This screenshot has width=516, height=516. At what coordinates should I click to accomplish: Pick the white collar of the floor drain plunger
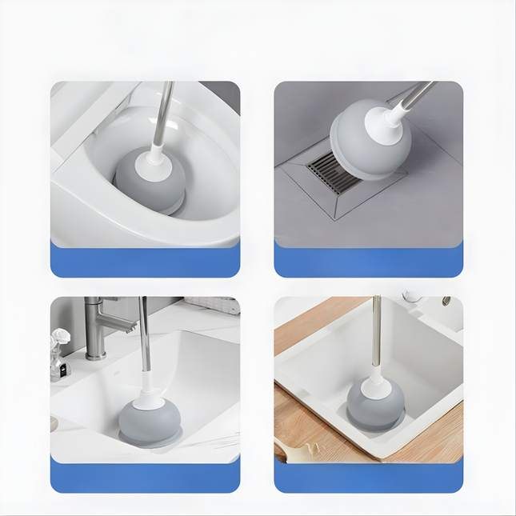[396, 118]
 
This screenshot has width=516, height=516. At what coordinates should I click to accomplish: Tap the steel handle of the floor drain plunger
[420, 94]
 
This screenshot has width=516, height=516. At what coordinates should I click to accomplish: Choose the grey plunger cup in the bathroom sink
[148, 419]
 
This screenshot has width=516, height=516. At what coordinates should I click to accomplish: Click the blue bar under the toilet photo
[145, 261]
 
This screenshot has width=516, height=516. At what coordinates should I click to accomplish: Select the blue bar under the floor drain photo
[369, 261]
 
